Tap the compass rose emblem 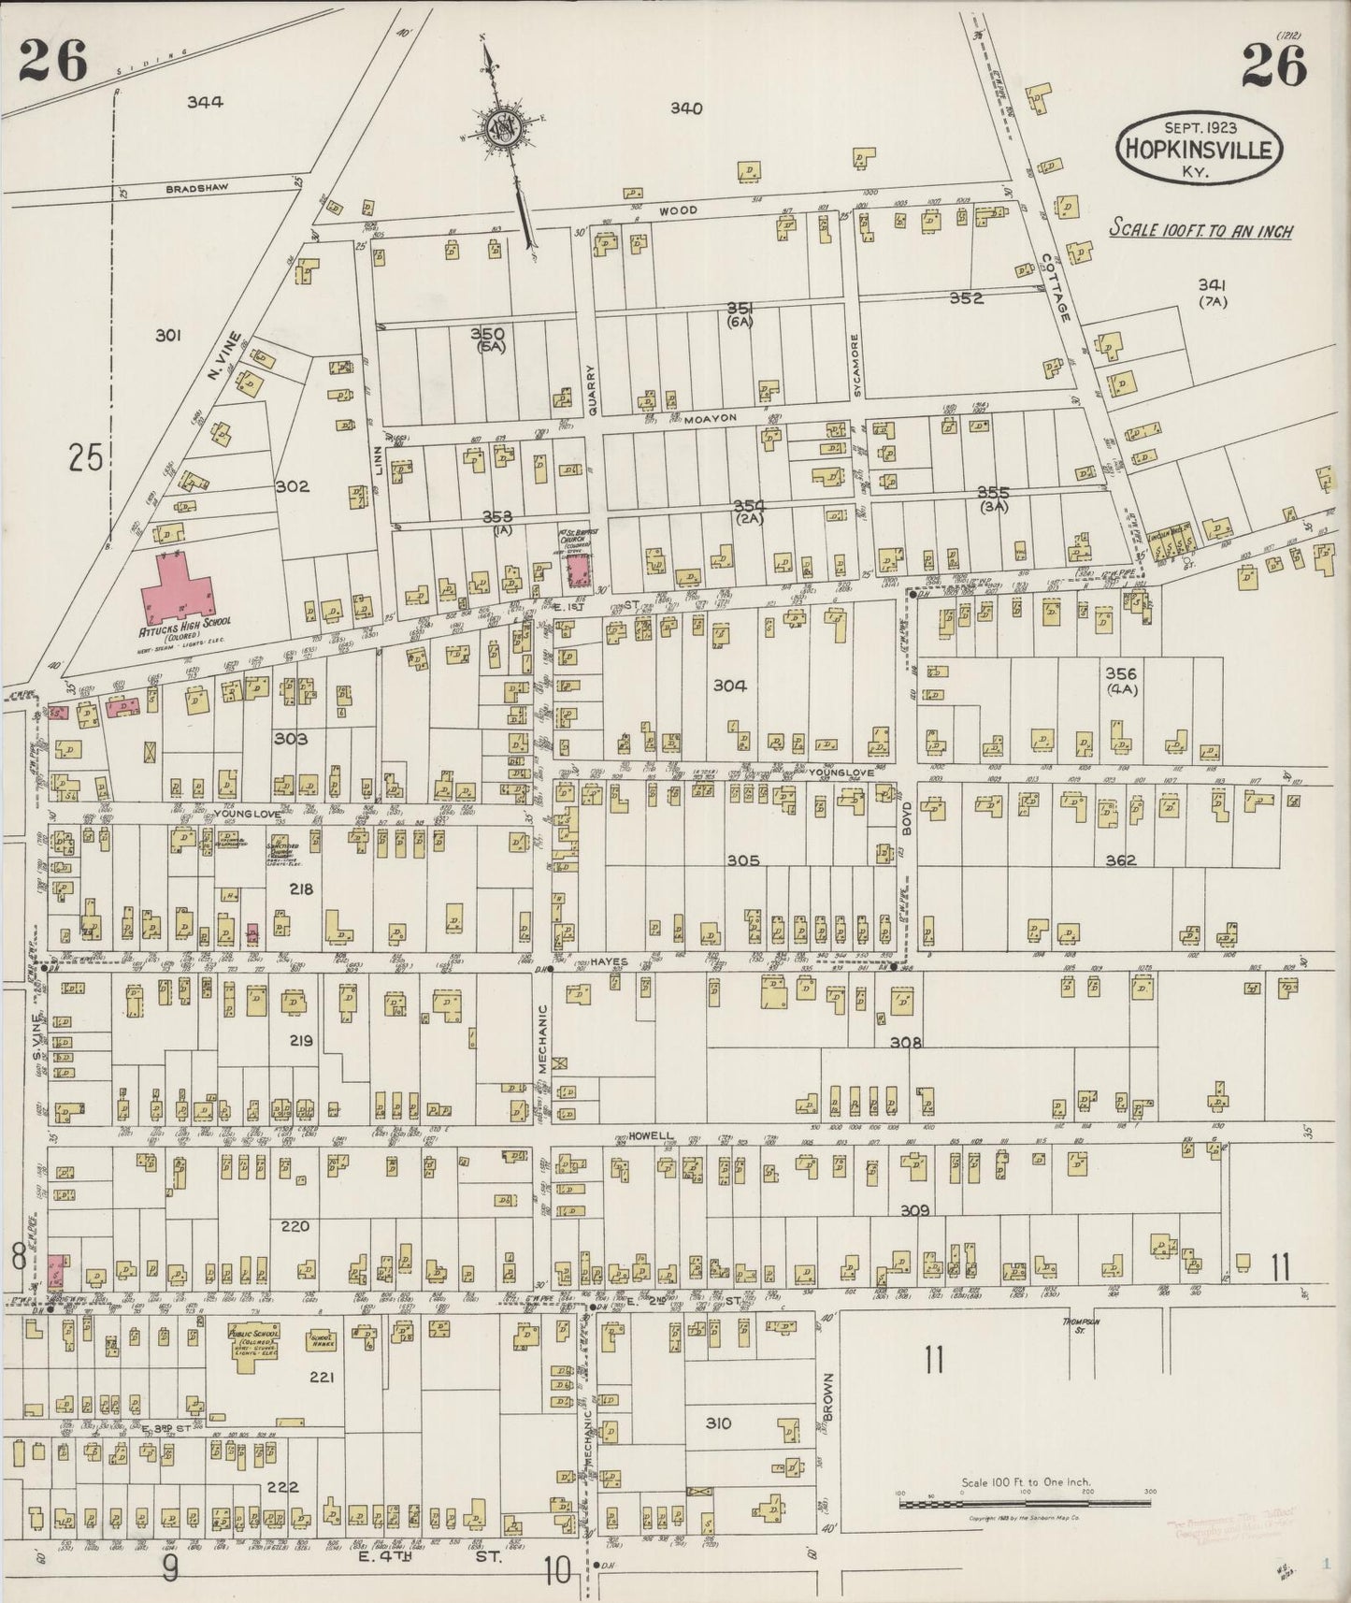pos(503,128)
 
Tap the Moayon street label pos(711,418)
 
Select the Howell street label pos(652,1135)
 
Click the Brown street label pos(828,1395)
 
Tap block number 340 pos(685,108)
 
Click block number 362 pos(1120,860)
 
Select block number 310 pos(718,1423)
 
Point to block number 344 pos(205,102)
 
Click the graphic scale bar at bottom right pos(1025,1504)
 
